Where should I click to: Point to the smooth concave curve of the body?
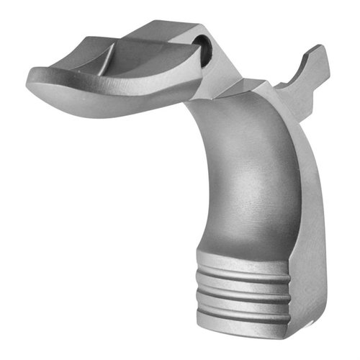click(230, 173)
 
